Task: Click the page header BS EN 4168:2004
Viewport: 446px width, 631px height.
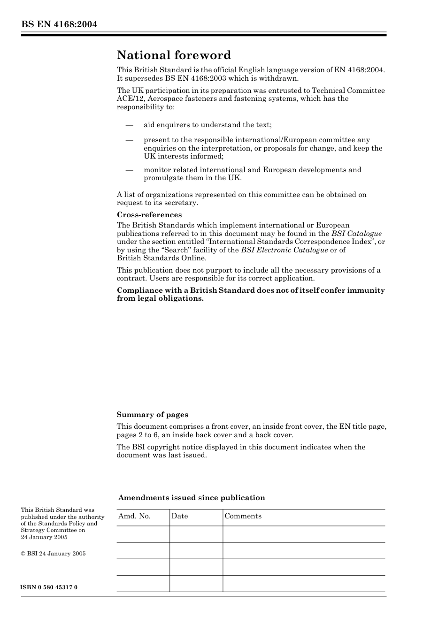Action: [59, 24]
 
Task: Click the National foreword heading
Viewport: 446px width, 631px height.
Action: [174, 55]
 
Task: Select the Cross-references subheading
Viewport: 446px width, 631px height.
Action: [149, 215]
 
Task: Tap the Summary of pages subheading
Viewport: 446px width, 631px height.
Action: [152, 415]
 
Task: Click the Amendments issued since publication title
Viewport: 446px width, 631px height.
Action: [192, 498]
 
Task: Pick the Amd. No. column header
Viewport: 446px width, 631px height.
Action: [134, 516]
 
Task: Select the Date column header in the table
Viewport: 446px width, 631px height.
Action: [179, 516]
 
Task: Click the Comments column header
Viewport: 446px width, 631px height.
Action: [243, 516]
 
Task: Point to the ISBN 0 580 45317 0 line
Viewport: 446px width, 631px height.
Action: [49, 587]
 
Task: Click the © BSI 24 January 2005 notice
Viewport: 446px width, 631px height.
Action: [53, 554]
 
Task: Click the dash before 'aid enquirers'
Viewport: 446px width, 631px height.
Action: [129, 125]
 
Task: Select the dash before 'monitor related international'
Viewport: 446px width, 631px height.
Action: [129, 170]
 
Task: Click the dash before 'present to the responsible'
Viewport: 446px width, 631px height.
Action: [129, 140]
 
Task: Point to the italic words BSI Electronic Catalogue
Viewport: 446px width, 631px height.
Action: [284, 250]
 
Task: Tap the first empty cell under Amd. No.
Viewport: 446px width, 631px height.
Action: [143, 534]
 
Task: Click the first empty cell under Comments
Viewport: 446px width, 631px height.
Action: [303, 534]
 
